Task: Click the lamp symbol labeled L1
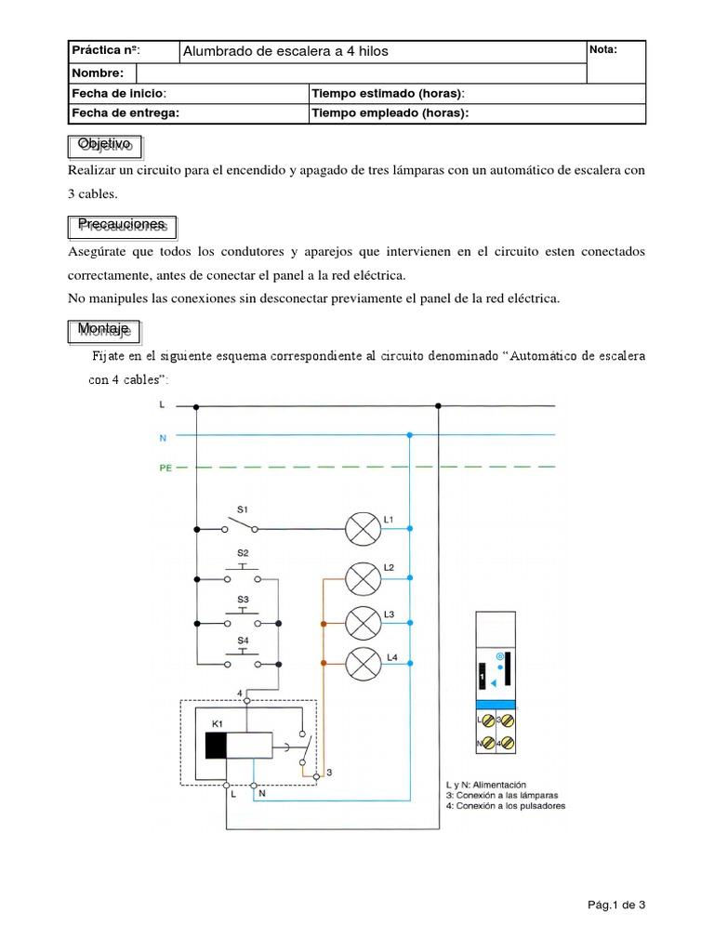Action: point(359,528)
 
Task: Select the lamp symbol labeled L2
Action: point(359,578)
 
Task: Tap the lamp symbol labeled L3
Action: point(359,621)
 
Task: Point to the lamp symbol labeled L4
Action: point(359,663)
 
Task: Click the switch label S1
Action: point(242,509)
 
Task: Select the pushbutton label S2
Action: point(242,553)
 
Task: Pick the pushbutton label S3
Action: point(242,599)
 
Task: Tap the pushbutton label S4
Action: point(242,641)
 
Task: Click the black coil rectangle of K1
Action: point(217,746)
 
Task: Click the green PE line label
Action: point(165,469)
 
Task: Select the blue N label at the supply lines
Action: point(164,436)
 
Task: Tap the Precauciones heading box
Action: point(123,225)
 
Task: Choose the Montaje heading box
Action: point(105,330)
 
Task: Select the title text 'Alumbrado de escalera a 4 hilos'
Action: point(285,51)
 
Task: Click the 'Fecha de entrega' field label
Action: point(125,113)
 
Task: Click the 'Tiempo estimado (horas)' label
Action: point(388,94)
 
